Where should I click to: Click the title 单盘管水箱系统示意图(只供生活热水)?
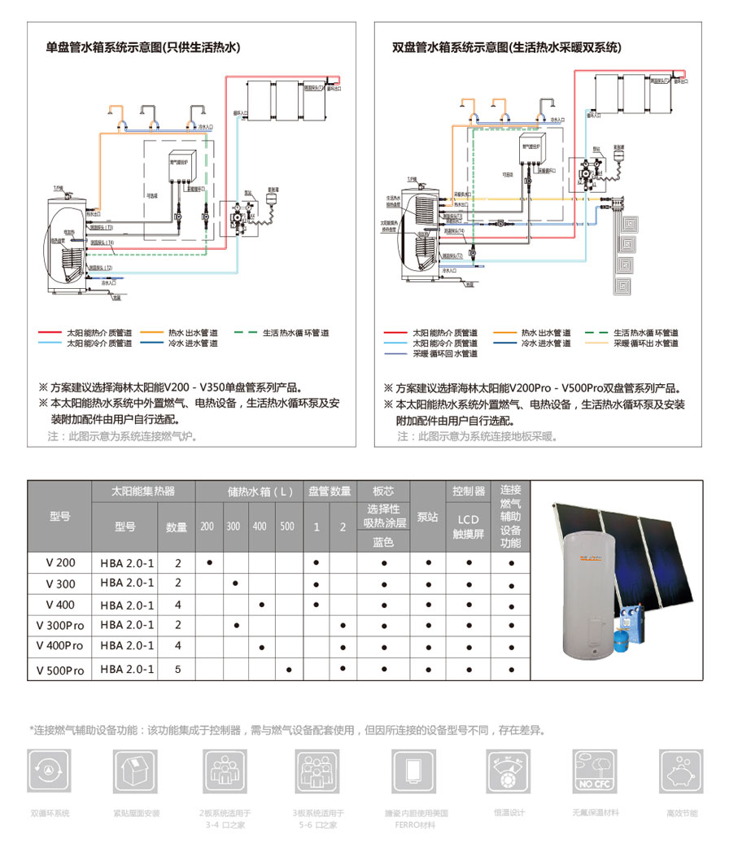point(143,47)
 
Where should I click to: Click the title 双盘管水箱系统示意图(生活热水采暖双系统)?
point(505,47)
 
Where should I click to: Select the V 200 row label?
point(60,562)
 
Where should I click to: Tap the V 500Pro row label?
point(60,670)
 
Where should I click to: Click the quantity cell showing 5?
point(177,670)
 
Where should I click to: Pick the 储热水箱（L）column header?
point(249,492)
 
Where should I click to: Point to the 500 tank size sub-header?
point(287,526)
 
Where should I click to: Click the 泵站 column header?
point(428,517)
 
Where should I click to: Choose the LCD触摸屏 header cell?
point(469,526)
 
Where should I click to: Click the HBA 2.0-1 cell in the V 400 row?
point(128,605)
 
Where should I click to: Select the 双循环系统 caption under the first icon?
point(50,813)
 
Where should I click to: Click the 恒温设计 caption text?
point(509,812)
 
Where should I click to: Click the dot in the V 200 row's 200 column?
point(210,562)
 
